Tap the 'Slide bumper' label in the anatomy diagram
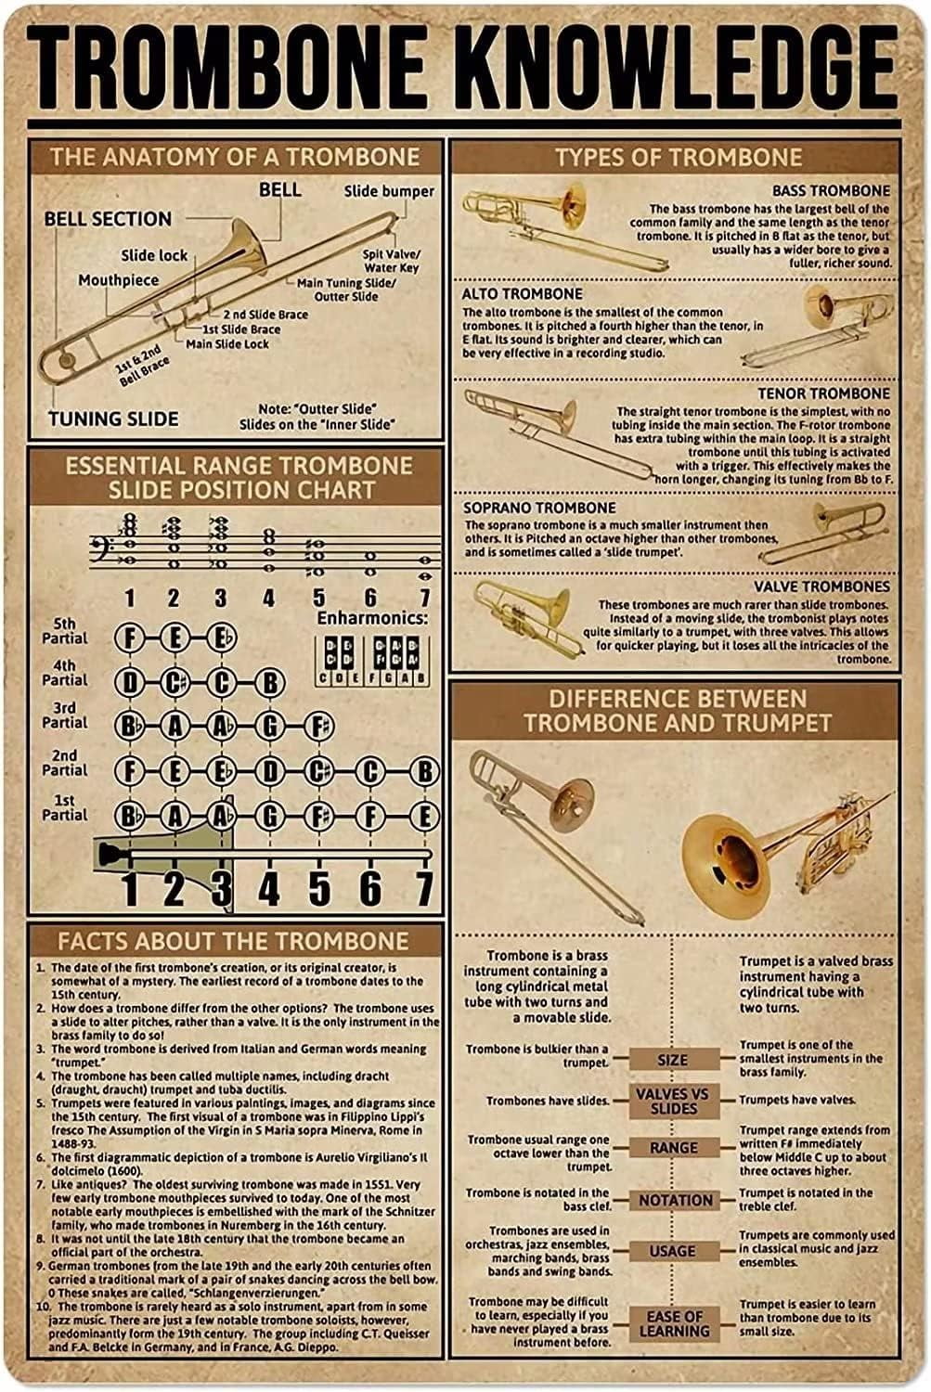[389, 191]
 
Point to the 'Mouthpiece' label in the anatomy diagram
[118, 279]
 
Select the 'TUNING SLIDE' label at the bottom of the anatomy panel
[113, 419]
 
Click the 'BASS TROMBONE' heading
[831, 190]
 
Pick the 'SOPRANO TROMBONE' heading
[539, 508]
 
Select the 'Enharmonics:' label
[373, 618]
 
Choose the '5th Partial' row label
[65, 631]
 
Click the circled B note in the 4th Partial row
[268, 683]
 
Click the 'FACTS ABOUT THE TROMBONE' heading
[233, 941]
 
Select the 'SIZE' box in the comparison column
[673, 1059]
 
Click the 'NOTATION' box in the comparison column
[675, 1200]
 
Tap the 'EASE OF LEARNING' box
[675, 1323]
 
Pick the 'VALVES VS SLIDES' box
[673, 1101]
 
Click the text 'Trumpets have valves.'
[796, 1100]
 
